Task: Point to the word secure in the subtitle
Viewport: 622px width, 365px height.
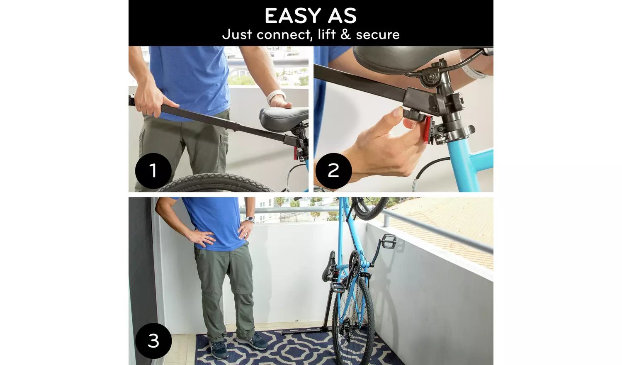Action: coord(378,34)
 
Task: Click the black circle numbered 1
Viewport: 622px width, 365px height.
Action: coord(153,170)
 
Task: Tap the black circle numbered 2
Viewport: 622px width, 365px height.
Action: coord(333,170)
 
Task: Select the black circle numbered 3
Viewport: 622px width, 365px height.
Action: coord(153,341)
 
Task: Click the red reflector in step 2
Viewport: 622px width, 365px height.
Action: coord(427,131)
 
